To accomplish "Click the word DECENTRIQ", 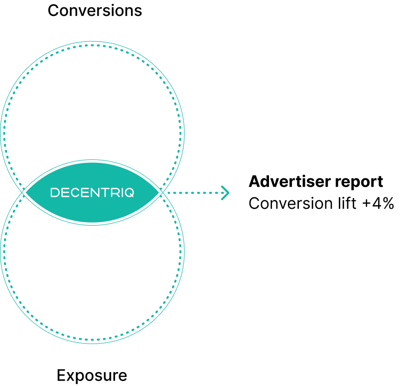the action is point(92,193).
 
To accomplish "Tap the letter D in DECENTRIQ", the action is point(55,193).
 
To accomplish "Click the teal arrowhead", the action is point(226,193).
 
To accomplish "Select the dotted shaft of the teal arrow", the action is point(194,193).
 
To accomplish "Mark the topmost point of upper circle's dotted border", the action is point(92,45).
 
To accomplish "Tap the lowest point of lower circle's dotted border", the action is point(92,340).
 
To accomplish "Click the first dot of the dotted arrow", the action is point(168,193).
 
